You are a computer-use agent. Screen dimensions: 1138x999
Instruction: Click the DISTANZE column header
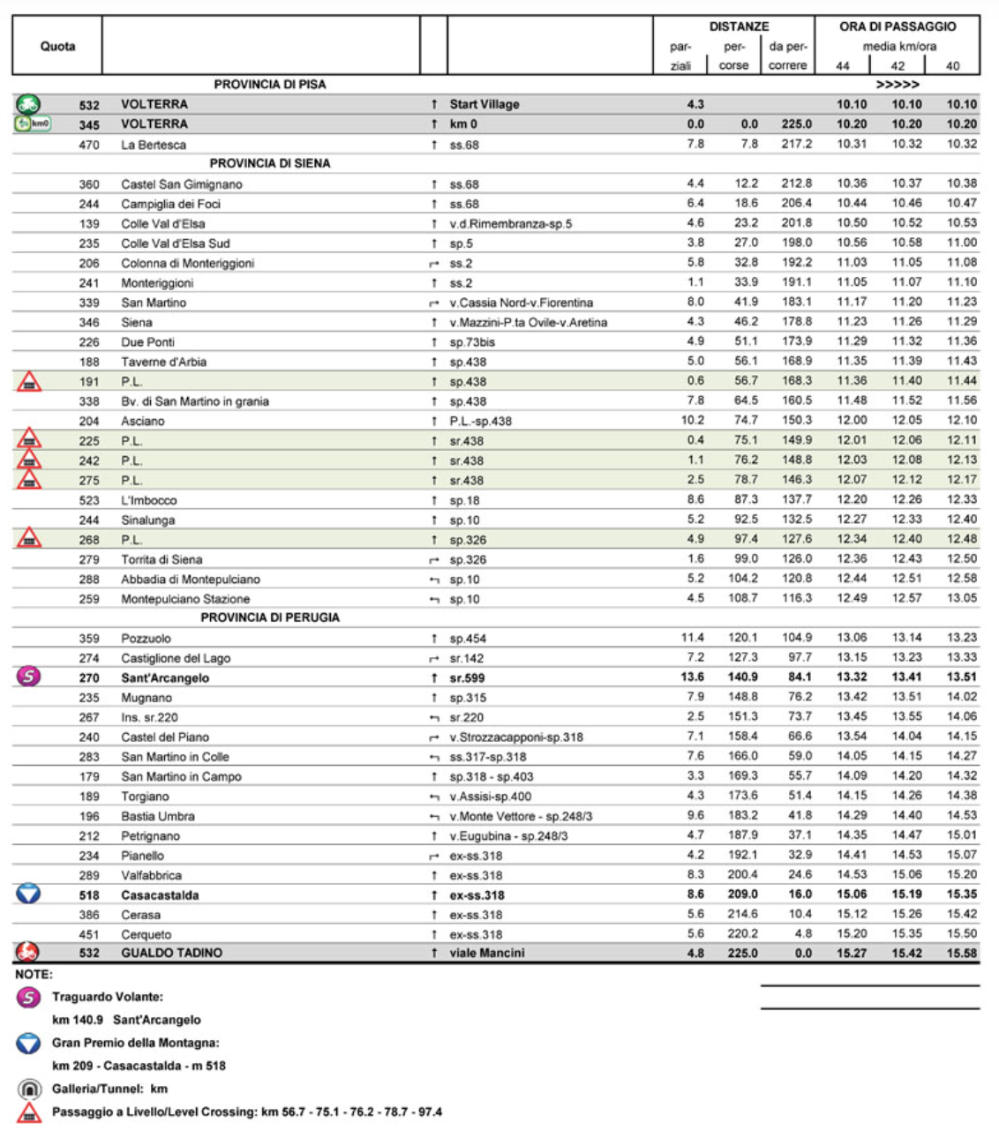coord(739,26)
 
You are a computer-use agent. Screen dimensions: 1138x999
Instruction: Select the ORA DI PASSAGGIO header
coord(898,26)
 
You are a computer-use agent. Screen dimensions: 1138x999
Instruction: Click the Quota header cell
coord(57,46)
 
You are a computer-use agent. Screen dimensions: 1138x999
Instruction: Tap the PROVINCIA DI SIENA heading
coord(269,163)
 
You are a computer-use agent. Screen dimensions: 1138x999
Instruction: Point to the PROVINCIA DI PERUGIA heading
coord(269,618)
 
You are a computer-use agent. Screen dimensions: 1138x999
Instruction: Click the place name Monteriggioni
coord(157,283)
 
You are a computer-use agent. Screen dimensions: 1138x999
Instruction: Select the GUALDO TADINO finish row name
coord(171,953)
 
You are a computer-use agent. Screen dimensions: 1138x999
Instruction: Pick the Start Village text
coord(484,104)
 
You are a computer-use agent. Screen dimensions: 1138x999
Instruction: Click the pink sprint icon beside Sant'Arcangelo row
coord(29,677)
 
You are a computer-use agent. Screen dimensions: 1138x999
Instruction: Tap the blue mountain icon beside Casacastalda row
coord(29,894)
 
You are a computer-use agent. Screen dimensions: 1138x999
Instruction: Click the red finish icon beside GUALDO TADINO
coord(27,953)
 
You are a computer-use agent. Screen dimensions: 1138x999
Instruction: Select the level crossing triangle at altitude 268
coord(29,538)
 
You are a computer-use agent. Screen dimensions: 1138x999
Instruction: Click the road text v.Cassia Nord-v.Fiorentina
coord(521,303)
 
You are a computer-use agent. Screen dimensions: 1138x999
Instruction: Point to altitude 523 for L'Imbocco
coord(89,500)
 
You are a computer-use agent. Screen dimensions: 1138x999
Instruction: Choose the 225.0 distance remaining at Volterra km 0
coord(796,124)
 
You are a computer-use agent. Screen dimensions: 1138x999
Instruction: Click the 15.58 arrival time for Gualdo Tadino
coord(961,953)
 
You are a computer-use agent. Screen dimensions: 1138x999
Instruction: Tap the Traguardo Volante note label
coord(107,997)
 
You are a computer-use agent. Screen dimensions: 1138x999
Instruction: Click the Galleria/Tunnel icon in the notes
coord(29,1089)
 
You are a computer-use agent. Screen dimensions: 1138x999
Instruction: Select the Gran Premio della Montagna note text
coord(135,1043)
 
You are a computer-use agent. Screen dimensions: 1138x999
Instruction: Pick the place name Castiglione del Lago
coord(176,658)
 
